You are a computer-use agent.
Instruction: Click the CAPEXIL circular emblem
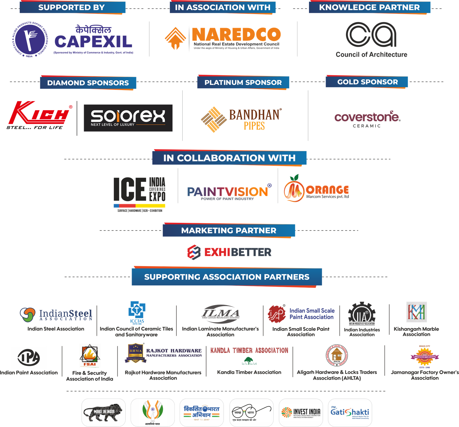[30, 39]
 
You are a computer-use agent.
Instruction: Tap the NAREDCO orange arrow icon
[175, 38]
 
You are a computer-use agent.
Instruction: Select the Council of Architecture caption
[371, 54]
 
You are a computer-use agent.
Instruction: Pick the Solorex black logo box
[128, 118]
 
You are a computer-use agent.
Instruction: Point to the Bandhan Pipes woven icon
[213, 119]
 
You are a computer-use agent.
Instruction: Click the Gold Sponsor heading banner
[367, 82]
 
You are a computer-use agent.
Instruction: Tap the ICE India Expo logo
[139, 190]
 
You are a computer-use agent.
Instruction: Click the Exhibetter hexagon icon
[194, 252]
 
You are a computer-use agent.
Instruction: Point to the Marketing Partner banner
[229, 231]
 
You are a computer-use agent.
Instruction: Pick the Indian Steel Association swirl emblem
[28, 314]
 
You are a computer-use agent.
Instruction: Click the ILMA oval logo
[220, 314]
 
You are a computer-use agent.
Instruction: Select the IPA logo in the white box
[29, 357]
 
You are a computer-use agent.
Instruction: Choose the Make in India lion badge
[103, 412]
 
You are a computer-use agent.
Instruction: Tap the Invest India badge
[301, 412]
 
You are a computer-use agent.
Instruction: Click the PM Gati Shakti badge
[350, 412]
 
